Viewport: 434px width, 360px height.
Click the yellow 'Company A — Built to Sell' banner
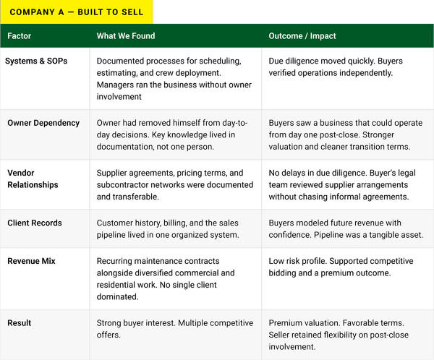click(77, 12)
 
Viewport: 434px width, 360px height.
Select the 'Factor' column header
click(19, 36)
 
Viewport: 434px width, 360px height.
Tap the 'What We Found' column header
click(126, 36)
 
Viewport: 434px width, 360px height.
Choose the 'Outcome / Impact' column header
click(302, 36)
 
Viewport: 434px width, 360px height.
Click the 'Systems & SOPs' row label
click(36, 61)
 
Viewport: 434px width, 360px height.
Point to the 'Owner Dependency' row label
click(43, 123)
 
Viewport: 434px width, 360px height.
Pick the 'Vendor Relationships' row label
click(33, 179)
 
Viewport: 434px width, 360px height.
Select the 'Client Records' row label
click(35, 223)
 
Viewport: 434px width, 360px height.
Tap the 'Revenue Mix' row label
click(31, 261)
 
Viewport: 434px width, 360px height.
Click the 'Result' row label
click(19, 323)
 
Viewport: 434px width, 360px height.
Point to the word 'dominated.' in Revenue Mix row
click(117, 296)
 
